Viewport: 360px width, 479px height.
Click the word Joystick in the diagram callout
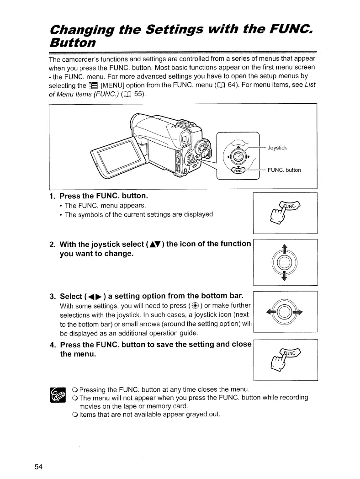(277, 148)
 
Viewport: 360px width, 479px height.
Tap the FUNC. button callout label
(284, 170)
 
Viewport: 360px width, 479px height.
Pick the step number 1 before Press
(52, 196)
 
